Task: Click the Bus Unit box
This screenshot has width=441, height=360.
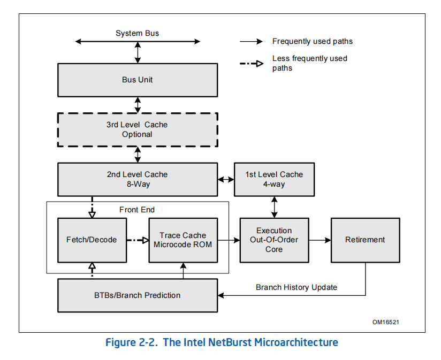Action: [138, 80]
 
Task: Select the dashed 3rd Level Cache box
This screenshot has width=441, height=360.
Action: [138, 130]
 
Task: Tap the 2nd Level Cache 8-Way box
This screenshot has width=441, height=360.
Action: [138, 179]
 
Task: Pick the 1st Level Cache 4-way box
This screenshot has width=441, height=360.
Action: [274, 179]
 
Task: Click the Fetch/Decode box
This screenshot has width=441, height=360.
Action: [92, 240]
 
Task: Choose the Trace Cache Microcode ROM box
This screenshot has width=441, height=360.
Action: [183, 240]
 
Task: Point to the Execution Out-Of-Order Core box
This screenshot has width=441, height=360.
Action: [274, 240]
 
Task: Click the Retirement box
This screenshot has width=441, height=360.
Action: [366, 240]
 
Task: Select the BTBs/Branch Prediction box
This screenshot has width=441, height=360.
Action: [138, 295]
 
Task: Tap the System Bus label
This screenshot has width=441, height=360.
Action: [137, 33]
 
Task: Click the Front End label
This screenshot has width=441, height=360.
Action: [137, 210]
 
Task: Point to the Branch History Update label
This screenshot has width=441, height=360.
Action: [296, 287]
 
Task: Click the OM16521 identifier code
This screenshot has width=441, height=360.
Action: [385, 322]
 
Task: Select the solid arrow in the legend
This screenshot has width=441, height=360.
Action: [251, 42]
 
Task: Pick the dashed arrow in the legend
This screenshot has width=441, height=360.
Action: [251, 64]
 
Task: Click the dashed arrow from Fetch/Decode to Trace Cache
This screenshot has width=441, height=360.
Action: [138, 240]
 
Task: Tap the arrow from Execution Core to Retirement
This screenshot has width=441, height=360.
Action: [320, 240]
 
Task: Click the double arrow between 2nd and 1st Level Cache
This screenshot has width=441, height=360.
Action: [226, 179]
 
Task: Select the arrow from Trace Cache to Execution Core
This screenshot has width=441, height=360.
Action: [229, 240]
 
